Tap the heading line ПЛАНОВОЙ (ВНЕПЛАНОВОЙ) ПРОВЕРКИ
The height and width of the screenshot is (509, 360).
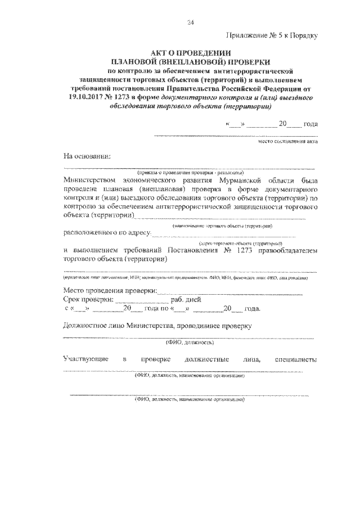190,61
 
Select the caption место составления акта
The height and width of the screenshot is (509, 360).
287,142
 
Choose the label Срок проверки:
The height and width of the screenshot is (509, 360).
88,300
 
